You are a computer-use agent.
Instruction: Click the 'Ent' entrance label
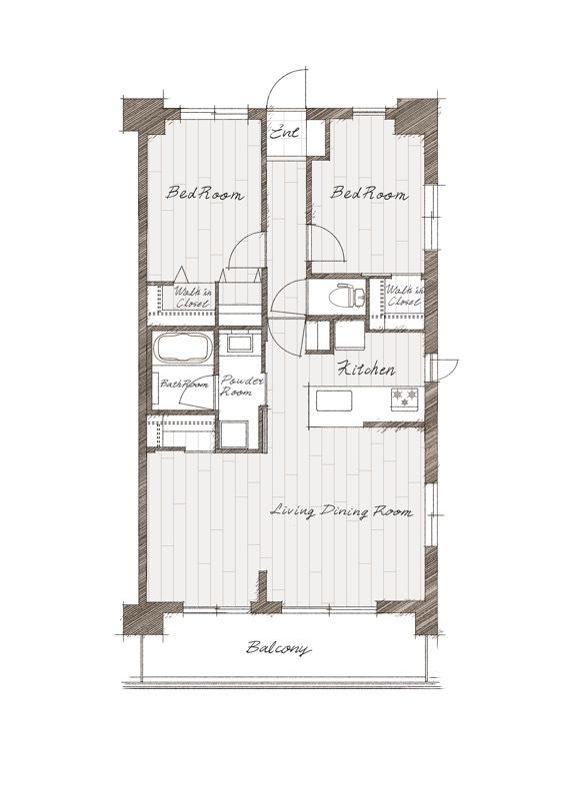[x=285, y=133]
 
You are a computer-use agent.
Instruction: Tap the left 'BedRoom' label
[x=205, y=194]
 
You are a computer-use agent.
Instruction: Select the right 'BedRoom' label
[x=369, y=194]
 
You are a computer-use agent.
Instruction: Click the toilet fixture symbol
[x=347, y=296]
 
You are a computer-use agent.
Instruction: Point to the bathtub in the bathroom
[x=184, y=348]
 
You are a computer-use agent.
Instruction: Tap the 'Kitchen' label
[x=367, y=369]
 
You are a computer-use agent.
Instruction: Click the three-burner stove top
[x=405, y=399]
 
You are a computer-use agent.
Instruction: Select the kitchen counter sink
[x=334, y=400]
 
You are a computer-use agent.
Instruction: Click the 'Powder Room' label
[x=242, y=387]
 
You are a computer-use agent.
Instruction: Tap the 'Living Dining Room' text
[x=341, y=511]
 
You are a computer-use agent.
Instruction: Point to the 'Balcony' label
[x=278, y=648]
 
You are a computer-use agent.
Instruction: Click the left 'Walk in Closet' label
[x=193, y=298]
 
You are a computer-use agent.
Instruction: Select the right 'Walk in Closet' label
[x=405, y=296]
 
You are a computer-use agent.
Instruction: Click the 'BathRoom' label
[x=184, y=384]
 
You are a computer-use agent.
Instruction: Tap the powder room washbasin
[x=240, y=343]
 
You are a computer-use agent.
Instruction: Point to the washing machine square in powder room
[x=235, y=434]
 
